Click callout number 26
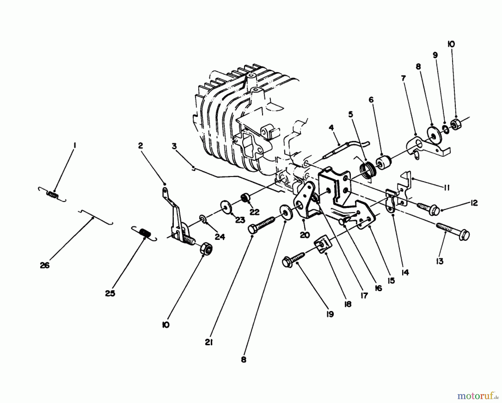45,265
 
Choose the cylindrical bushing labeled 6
383,163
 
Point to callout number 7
403,79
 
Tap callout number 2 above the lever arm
140,145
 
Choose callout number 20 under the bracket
305,235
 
